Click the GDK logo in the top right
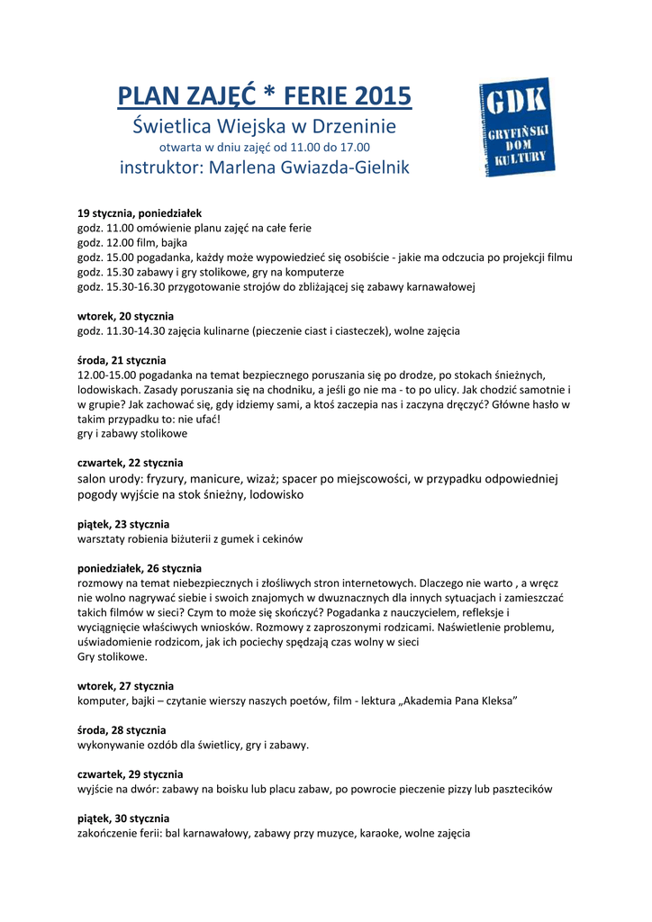coord(517,128)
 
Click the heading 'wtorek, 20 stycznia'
coord(126,316)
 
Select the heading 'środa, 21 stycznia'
coord(122,360)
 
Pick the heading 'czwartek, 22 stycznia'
coord(131,463)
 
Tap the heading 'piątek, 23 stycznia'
coord(123,524)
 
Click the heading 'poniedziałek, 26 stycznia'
coord(140,568)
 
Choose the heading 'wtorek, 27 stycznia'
coord(126,685)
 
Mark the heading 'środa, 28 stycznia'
coord(122,729)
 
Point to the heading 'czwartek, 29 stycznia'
coord(131,773)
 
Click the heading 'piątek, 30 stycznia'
coord(123,818)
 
